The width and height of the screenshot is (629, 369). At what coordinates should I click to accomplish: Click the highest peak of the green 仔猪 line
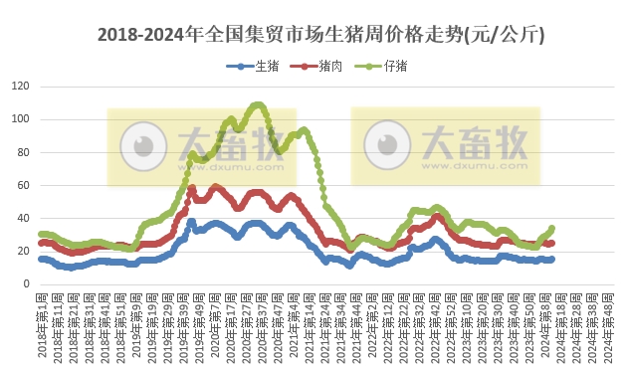point(258,103)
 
